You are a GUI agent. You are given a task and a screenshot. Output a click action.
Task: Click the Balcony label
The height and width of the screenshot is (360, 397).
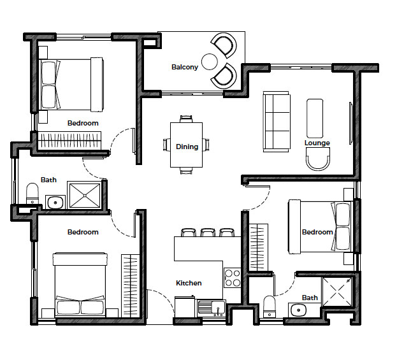(185, 67)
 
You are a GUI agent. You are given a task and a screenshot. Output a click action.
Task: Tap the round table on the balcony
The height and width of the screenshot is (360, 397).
(210, 62)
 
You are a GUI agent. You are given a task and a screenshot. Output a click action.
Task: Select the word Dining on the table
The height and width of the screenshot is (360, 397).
(187, 147)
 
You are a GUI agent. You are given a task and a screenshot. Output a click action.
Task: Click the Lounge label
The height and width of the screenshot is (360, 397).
(317, 143)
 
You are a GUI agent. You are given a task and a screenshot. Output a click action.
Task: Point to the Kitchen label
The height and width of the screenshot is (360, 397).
(189, 283)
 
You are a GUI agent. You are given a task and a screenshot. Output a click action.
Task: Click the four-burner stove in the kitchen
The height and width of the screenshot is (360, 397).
(233, 278)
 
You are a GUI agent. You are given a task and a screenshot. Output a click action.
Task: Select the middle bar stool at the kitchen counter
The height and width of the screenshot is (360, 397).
(208, 233)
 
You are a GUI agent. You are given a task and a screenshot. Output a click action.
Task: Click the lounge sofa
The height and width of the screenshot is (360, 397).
(276, 122)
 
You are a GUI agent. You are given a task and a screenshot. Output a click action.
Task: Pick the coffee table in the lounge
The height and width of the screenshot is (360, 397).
(315, 119)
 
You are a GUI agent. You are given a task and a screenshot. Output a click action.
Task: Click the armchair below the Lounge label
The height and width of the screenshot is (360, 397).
(318, 159)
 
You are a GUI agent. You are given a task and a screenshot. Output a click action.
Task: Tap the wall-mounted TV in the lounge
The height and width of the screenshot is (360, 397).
(350, 123)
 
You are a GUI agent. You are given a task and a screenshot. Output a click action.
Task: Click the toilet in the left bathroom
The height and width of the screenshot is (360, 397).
(32, 194)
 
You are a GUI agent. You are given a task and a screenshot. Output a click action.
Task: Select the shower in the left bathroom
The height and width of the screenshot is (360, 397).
(85, 195)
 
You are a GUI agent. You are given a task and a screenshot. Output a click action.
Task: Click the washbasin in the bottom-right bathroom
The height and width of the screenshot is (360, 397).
(298, 310)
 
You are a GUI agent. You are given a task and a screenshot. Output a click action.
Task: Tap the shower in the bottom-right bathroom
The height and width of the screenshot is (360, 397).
(337, 291)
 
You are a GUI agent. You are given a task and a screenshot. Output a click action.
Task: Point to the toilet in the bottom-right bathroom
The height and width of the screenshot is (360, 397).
(270, 306)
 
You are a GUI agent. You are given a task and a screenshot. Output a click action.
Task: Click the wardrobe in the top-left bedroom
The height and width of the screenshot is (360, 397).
(69, 141)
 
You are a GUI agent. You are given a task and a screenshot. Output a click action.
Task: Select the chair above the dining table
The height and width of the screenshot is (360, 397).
(186, 119)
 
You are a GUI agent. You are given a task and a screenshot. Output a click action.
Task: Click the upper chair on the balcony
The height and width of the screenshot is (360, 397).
(224, 45)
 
